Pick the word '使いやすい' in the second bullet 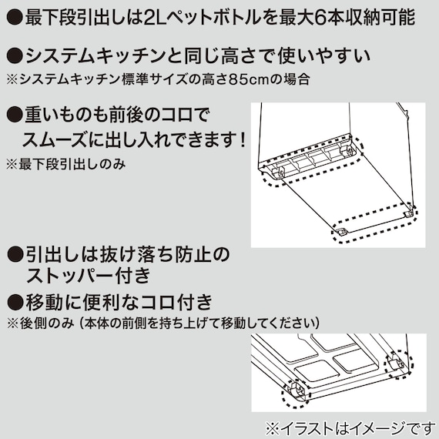333,56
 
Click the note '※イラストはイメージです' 348,427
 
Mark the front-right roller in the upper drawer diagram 407,210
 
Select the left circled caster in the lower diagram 296,390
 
